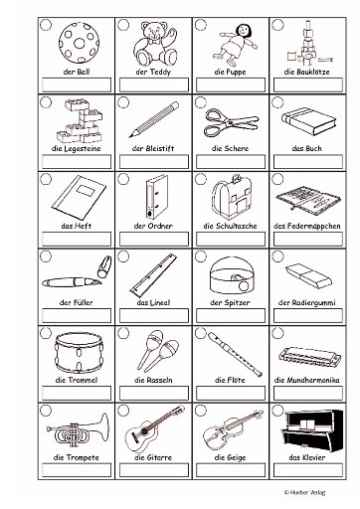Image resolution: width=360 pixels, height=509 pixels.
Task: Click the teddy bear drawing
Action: [154, 44]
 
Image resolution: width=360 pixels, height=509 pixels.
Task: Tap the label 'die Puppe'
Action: [230, 72]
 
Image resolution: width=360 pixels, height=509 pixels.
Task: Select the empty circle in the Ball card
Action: [46, 25]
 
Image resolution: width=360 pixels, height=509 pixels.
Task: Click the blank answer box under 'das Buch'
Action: [308, 162]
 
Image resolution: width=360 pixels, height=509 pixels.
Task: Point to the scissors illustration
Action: [232, 123]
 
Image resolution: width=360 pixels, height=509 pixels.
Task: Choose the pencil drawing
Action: [154, 119]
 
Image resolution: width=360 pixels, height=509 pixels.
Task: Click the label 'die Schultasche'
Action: [230, 226]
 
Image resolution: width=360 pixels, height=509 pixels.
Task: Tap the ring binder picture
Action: [156, 197]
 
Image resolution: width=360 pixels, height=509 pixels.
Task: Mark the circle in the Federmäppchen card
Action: [277, 179]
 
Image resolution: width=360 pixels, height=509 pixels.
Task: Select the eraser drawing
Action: [308, 275]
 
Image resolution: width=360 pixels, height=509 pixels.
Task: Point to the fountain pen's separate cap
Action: [104, 266]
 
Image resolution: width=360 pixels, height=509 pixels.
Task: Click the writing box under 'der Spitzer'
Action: [231, 316]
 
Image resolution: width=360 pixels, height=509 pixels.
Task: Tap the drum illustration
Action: [79, 353]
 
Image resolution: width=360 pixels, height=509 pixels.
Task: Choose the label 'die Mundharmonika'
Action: [307, 380]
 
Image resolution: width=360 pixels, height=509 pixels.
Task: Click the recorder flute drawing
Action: [235, 353]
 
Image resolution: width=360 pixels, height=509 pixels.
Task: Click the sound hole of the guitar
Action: [145, 431]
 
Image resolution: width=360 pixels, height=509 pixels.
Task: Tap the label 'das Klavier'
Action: [307, 457]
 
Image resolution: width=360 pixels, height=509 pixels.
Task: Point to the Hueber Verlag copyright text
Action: [304, 492]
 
